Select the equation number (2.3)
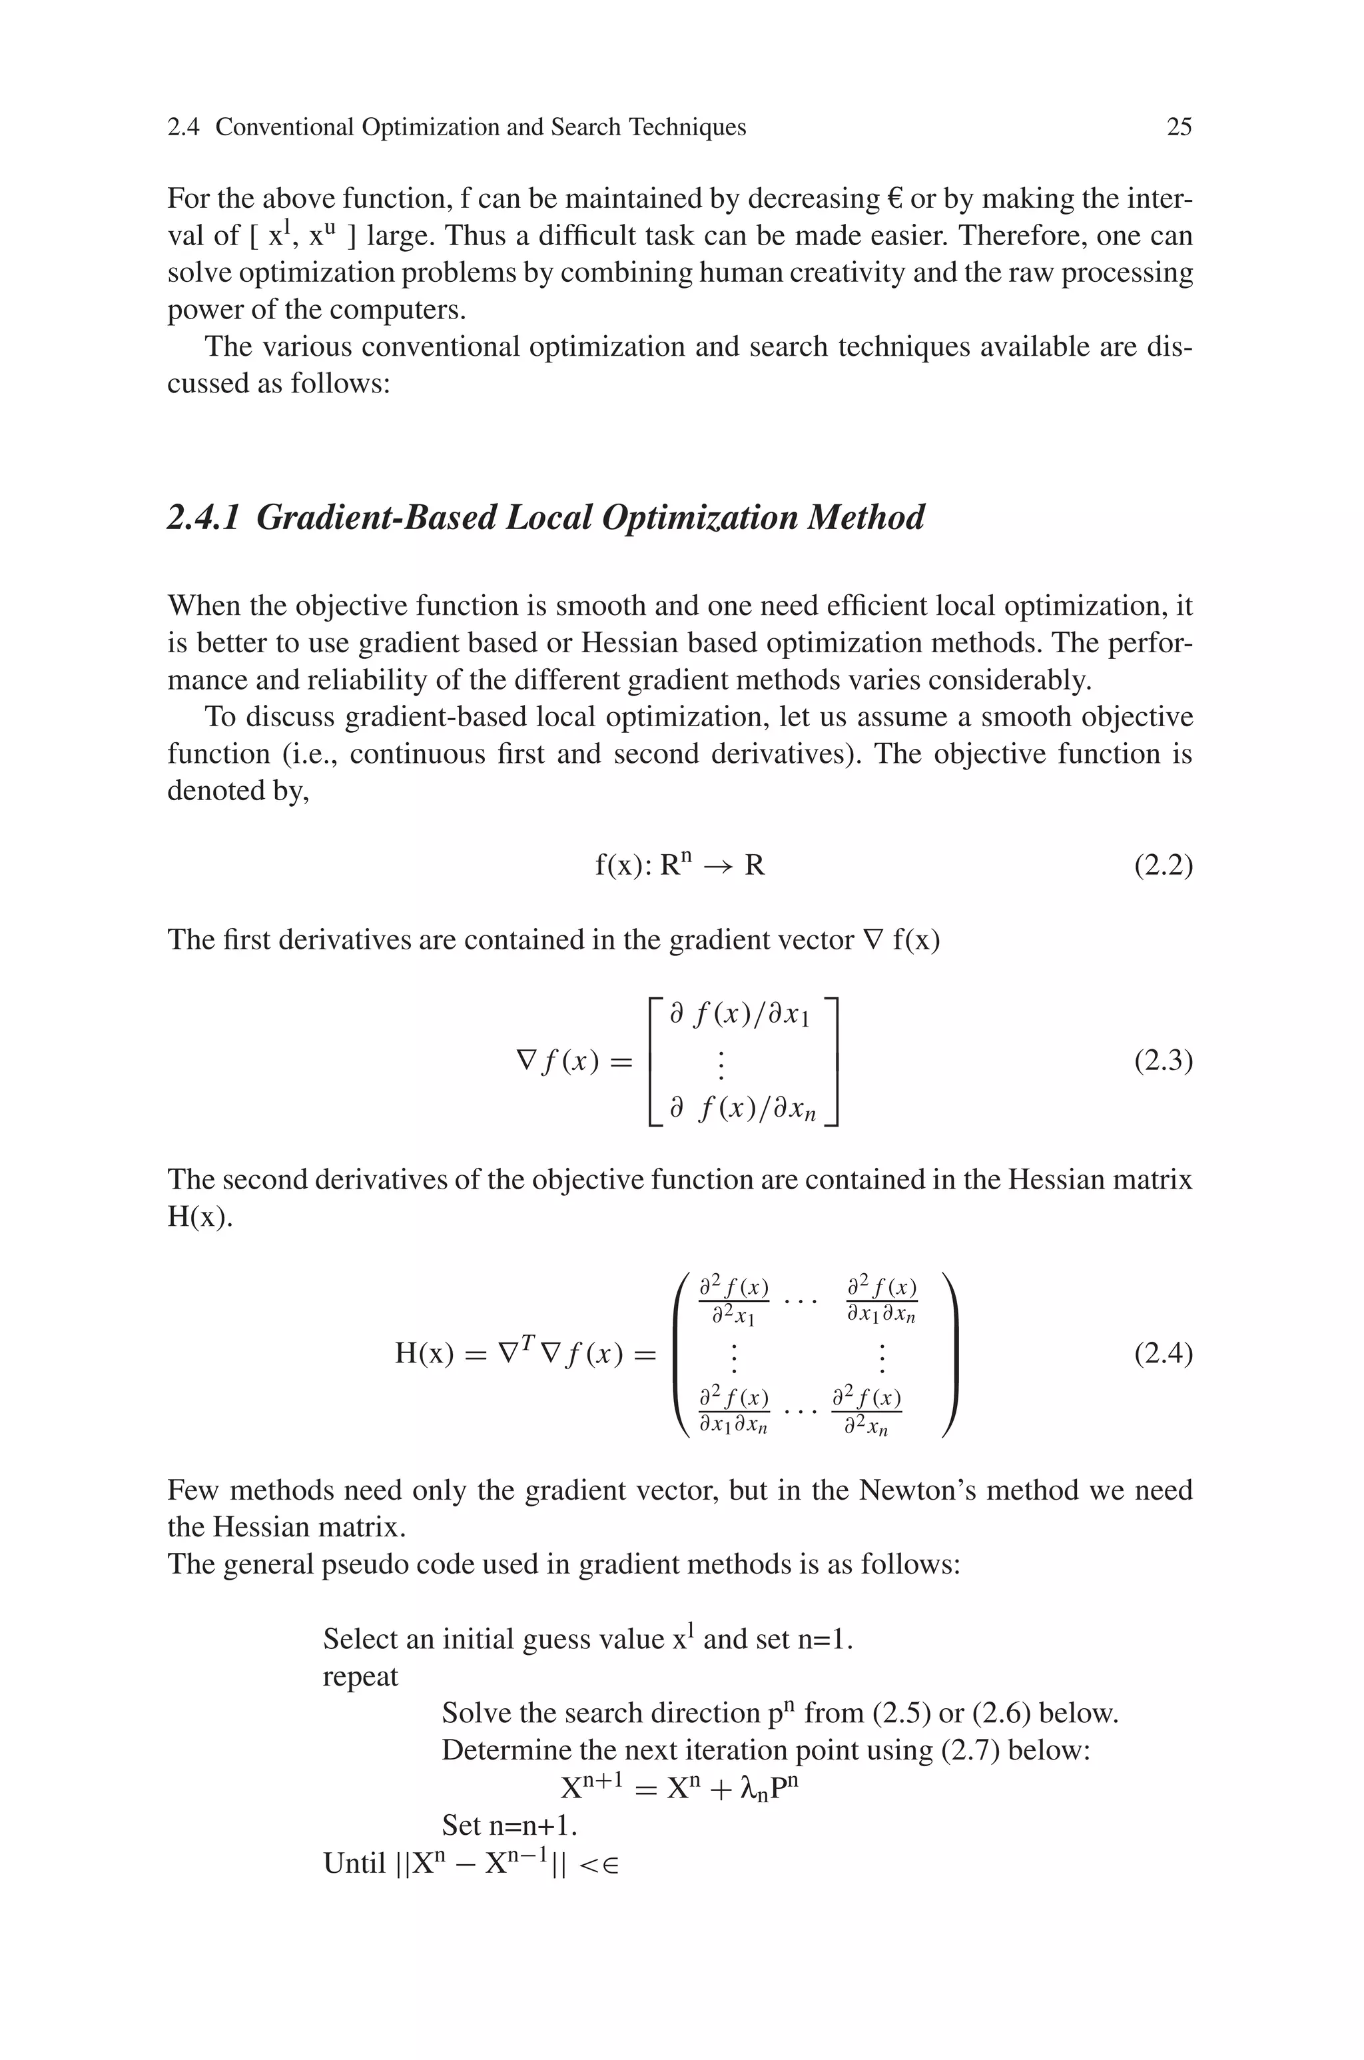(1163, 1061)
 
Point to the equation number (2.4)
(1163, 1354)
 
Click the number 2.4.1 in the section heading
(202, 518)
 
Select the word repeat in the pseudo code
(360, 1676)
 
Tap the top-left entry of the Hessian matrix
(734, 1300)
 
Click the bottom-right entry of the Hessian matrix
(866, 1414)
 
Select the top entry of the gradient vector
(741, 1016)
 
